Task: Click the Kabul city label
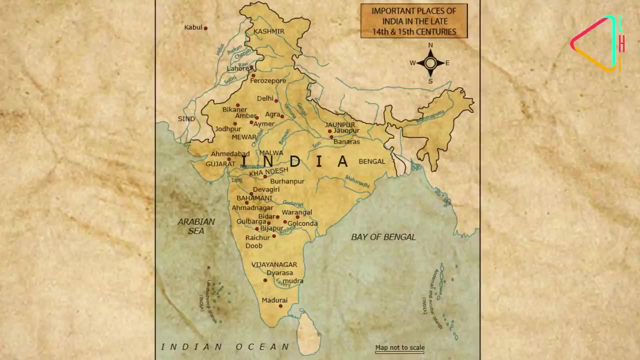[x=193, y=27]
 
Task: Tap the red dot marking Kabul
[x=205, y=28]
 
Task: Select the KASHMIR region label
[x=269, y=31]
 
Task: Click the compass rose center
[x=430, y=63]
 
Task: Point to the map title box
[x=414, y=21]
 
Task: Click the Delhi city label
[x=265, y=99]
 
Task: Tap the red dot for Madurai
[x=280, y=306]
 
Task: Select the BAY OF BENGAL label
[x=383, y=237]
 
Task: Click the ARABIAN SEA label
[x=196, y=226]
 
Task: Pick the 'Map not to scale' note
[x=399, y=347]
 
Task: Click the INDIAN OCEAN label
[x=225, y=346]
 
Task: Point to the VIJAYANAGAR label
[x=274, y=264]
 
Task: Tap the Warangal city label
[x=296, y=212]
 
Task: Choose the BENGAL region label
[x=372, y=161]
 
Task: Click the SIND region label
[x=186, y=119]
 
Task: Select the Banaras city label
[x=346, y=142]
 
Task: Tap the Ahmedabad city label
[x=230, y=154]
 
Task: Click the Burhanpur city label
[x=287, y=181]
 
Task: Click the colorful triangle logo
[x=596, y=43]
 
